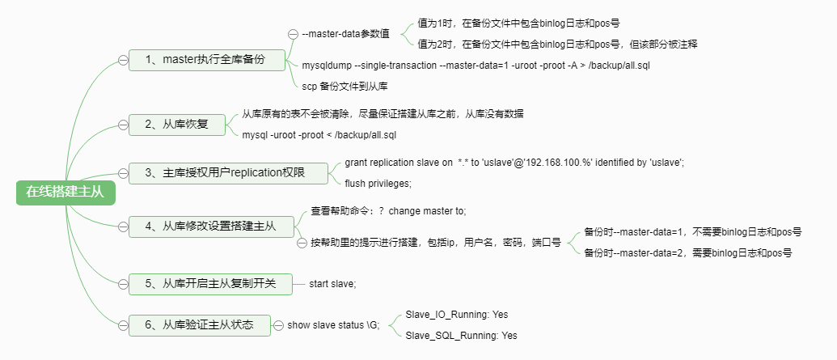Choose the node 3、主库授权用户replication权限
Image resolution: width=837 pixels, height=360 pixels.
(x=229, y=172)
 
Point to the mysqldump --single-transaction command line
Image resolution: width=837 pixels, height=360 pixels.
(x=476, y=65)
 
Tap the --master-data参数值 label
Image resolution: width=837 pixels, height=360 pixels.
(x=345, y=34)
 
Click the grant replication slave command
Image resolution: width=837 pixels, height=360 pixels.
(x=514, y=163)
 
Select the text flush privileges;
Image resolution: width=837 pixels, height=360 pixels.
(x=378, y=183)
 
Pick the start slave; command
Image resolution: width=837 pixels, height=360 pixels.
(x=332, y=284)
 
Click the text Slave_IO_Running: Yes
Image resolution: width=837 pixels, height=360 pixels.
(x=456, y=314)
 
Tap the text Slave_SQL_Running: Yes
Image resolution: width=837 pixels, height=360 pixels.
(x=461, y=335)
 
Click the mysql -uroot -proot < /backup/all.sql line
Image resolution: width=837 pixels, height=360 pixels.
(x=319, y=134)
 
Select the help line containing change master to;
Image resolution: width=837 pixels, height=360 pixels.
(x=388, y=210)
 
